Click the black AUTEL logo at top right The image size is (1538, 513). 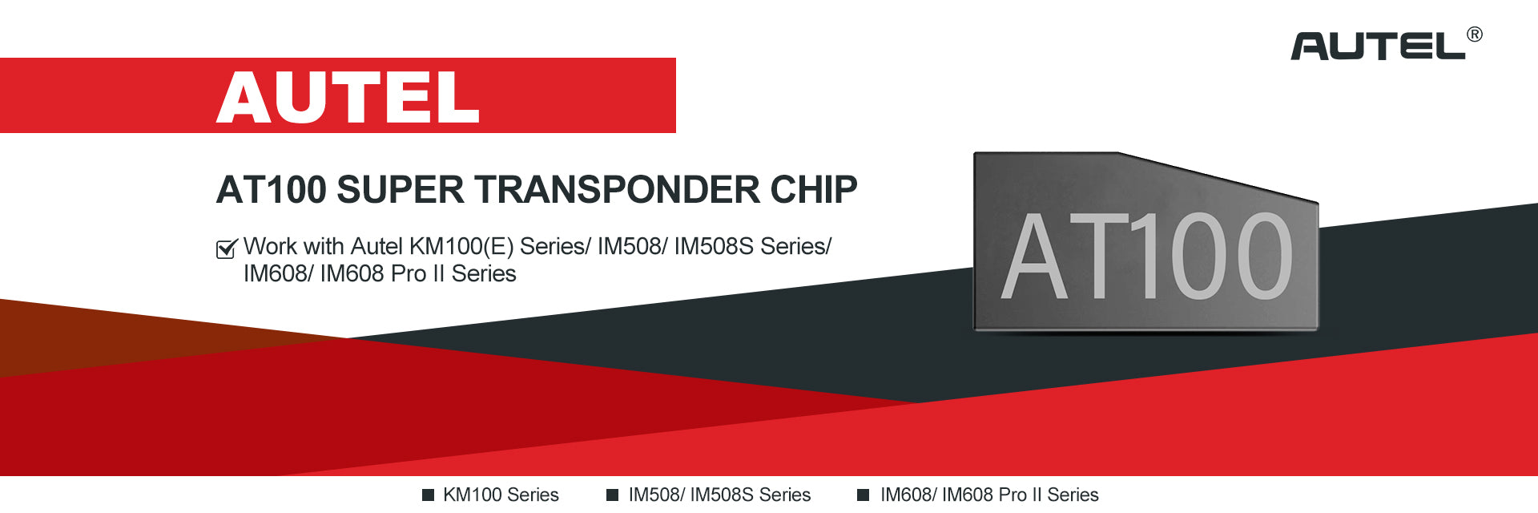tap(1378, 46)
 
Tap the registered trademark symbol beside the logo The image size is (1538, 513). tap(1475, 34)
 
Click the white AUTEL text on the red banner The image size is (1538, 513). tap(348, 97)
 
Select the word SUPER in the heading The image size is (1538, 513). tap(400, 190)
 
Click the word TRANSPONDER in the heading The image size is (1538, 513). tap(618, 190)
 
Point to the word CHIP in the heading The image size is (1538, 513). tap(814, 190)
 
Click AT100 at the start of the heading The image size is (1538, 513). tap(272, 190)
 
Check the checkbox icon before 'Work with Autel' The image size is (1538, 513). tap(227, 248)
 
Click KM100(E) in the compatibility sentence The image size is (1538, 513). tap(461, 246)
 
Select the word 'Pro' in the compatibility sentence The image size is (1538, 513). tap(409, 273)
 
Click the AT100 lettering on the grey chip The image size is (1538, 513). tap(1147, 256)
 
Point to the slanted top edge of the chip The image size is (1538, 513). tap(1218, 177)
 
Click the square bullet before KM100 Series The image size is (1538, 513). tap(429, 495)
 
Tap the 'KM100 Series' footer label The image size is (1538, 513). tap(501, 495)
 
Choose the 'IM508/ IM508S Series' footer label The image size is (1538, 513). tap(719, 495)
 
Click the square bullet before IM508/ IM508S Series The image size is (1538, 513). tap(613, 495)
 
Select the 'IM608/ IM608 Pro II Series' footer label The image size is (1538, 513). tap(989, 495)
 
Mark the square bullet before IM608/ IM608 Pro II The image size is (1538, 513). tap(864, 495)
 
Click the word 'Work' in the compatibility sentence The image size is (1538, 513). tap(270, 246)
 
